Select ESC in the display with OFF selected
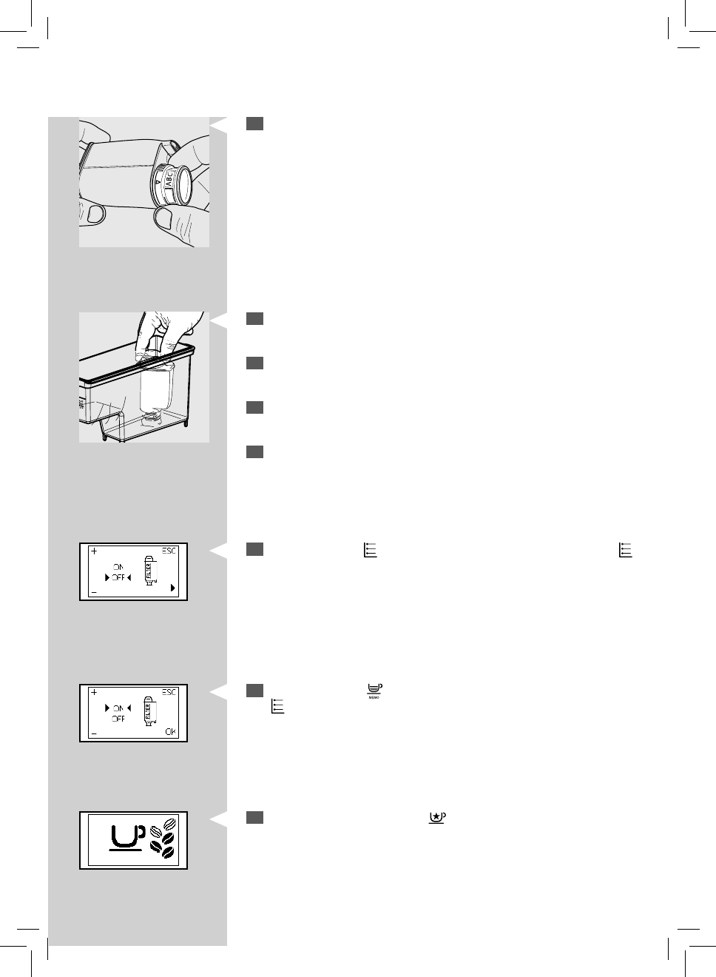point(169,551)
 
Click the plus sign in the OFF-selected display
point(94,551)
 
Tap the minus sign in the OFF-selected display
point(94,592)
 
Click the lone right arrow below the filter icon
point(172,588)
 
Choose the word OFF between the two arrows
point(118,578)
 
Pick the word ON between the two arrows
point(118,708)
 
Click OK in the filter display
point(171,732)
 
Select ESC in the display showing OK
point(169,693)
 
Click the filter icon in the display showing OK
point(148,712)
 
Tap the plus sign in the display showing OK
point(94,693)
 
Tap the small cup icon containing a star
point(436,817)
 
